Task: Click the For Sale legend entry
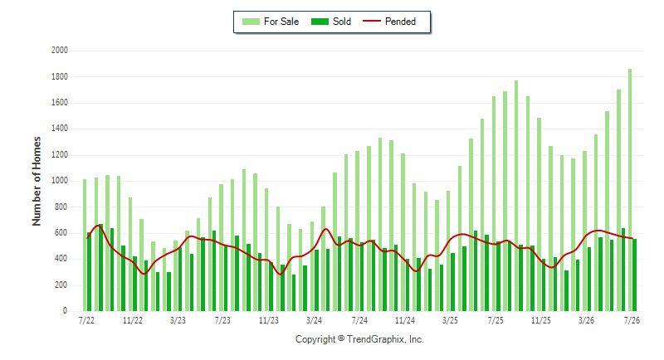(x=271, y=22)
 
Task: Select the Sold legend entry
(x=330, y=22)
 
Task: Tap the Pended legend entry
(x=389, y=22)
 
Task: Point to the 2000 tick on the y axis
(x=60, y=51)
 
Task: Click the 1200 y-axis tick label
(x=60, y=155)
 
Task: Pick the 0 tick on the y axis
(x=66, y=310)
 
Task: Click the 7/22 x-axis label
(x=86, y=321)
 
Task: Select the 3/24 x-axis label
(x=314, y=321)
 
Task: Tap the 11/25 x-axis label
(x=541, y=321)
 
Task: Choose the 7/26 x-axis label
(x=632, y=321)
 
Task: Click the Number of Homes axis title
(x=37, y=181)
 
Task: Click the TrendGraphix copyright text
(x=359, y=339)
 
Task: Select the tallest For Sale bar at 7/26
(x=630, y=190)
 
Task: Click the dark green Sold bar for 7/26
(x=635, y=275)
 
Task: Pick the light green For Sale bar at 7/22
(x=85, y=245)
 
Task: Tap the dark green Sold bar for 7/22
(x=89, y=271)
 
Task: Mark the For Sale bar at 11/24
(x=403, y=232)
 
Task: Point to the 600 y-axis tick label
(x=60, y=232)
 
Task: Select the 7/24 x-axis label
(x=359, y=321)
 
